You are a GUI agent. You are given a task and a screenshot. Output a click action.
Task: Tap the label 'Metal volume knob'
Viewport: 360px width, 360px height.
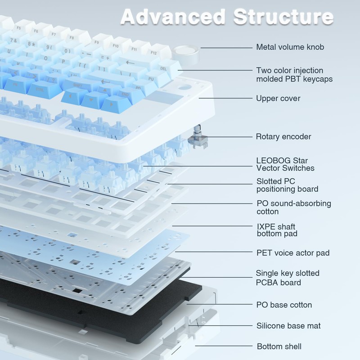coord(290,47)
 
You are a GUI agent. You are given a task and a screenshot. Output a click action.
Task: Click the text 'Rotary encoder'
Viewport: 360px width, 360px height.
coord(283,137)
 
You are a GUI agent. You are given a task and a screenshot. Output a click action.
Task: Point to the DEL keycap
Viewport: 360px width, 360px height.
coord(166,69)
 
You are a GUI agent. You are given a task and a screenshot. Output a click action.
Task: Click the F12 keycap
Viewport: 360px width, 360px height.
coord(157,52)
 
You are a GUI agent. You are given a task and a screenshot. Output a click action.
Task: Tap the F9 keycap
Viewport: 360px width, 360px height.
coord(99,42)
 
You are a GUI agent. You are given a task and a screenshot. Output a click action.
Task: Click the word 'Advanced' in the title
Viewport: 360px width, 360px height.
coord(173,17)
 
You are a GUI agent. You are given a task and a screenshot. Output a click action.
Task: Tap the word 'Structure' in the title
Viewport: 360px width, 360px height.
coord(283,17)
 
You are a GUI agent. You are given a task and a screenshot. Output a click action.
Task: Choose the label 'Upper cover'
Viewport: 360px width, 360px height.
coord(278,98)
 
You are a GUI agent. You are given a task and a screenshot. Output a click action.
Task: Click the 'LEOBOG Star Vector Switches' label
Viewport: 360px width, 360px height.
coord(285,164)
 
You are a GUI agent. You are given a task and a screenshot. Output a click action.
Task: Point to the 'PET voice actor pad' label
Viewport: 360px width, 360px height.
coord(293,253)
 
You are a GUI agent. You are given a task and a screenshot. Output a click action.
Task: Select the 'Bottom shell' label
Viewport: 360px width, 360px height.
coord(279,346)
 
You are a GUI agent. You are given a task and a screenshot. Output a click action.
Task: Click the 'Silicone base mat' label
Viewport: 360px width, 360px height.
coord(288,325)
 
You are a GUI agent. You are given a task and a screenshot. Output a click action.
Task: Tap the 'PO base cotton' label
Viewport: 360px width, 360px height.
coord(284,305)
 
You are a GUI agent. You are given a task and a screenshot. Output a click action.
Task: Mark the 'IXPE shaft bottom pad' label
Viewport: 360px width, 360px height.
coord(277,230)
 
